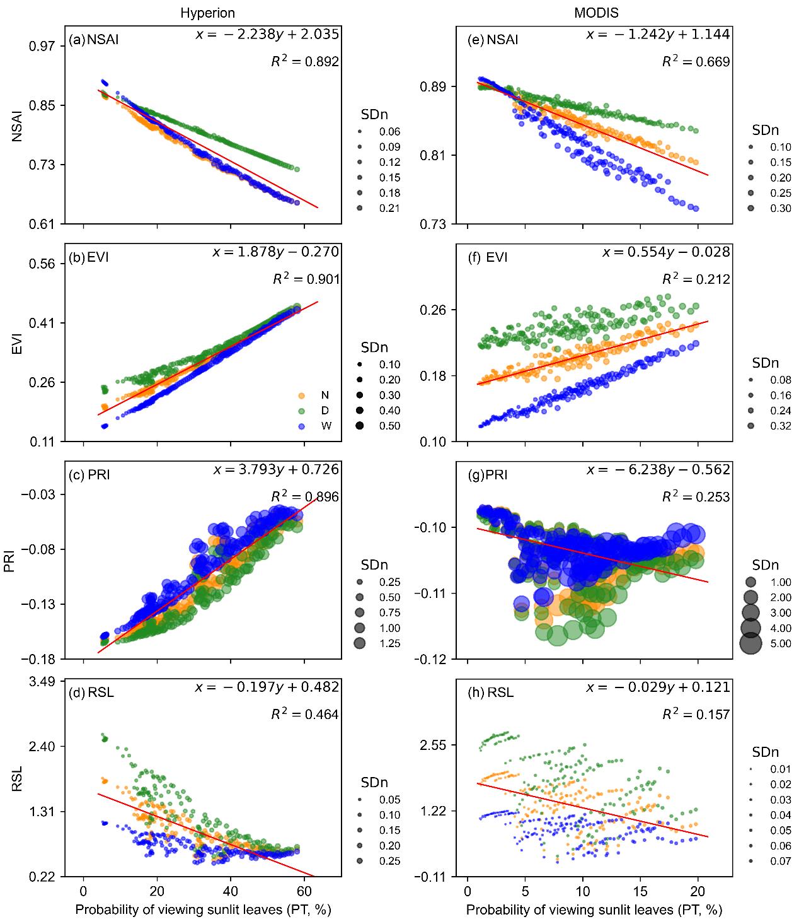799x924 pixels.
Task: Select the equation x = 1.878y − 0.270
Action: tap(276, 252)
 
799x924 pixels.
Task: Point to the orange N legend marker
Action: tap(302, 395)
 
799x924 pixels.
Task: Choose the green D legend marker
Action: tap(302, 411)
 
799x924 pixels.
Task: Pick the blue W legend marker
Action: tap(302, 426)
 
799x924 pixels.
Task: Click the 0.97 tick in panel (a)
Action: tap(43, 46)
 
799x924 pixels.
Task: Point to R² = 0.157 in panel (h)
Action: tap(696, 715)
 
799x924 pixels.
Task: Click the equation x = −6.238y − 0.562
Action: tap(658, 470)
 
